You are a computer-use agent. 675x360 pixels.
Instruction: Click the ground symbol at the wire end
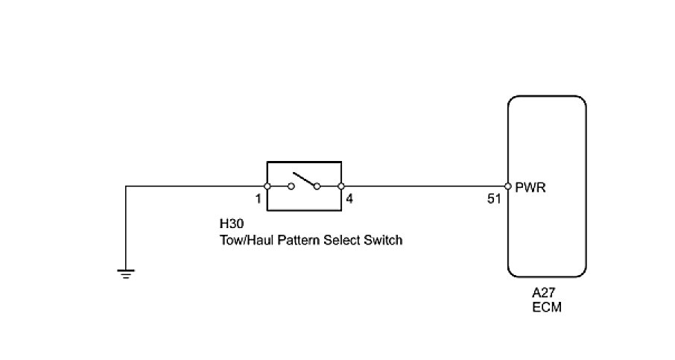tap(126, 274)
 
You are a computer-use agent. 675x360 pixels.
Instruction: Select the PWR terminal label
tap(530, 188)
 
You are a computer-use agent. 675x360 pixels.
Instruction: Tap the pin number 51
tap(494, 200)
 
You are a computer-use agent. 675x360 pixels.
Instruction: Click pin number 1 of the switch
tap(258, 200)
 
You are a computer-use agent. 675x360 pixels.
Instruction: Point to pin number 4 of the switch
tap(350, 200)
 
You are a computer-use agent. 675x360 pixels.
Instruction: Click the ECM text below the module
tap(546, 308)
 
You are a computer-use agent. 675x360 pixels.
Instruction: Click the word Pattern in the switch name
tap(291, 240)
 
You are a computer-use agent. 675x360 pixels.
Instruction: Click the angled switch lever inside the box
tap(305, 180)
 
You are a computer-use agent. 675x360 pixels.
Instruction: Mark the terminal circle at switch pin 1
tap(267, 186)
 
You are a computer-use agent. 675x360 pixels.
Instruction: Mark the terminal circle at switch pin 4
tap(340, 186)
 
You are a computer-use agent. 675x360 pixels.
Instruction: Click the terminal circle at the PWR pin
tap(507, 186)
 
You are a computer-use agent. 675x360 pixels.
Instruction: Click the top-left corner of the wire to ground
tap(126, 186)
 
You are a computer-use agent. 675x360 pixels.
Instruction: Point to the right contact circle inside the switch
tap(317, 186)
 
